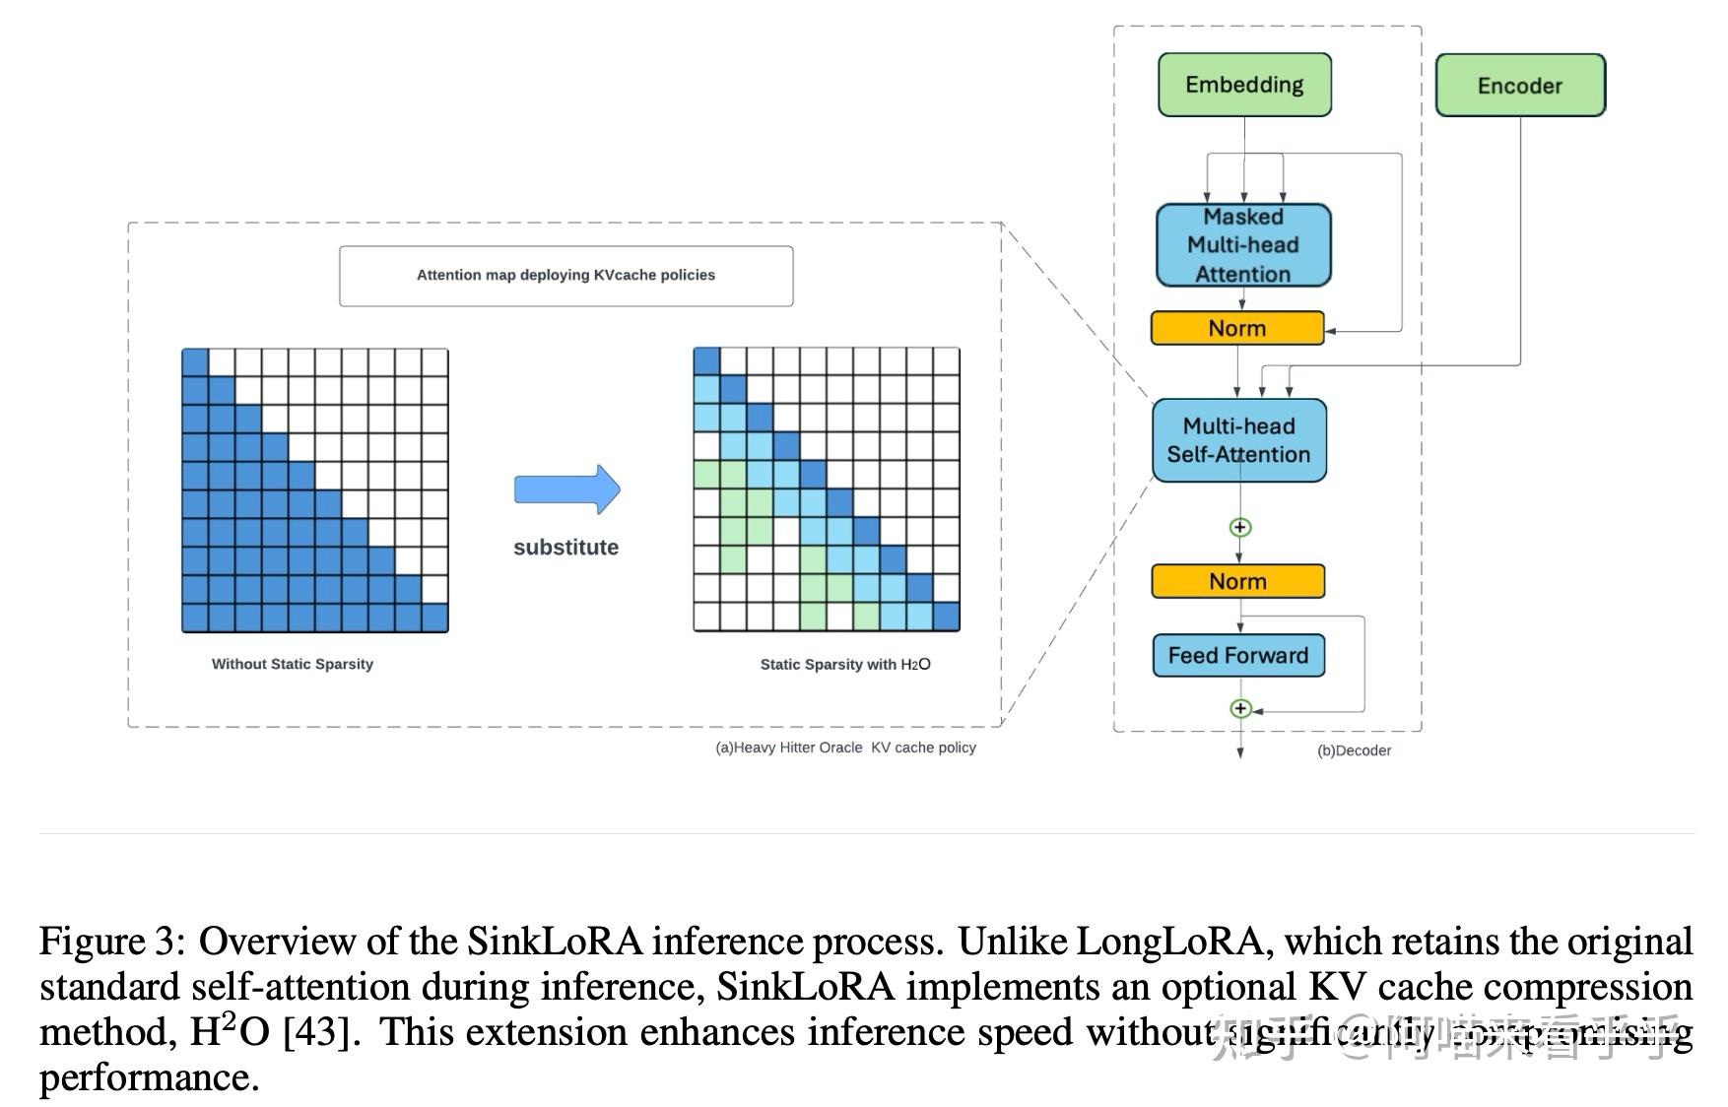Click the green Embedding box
(1244, 85)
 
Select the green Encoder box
(1520, 86)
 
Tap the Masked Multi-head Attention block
(1243, 245)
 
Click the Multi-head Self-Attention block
(1238, 440)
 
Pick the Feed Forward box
(1238, 656)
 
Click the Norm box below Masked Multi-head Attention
(1237, 328)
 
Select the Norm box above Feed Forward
(1237, 581)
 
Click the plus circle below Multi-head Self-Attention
(1240, 527)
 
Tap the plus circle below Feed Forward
(1240, 708)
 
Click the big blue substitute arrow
(567, 489)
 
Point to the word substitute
(565, 548)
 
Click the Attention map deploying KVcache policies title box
(565, 276)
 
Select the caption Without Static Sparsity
(293, 664)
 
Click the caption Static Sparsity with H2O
(844, 664)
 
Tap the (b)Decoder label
(1354, 750)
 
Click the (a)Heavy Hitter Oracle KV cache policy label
(845, 748)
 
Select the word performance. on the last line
(149, 1077)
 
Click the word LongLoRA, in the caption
(1169, 942)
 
